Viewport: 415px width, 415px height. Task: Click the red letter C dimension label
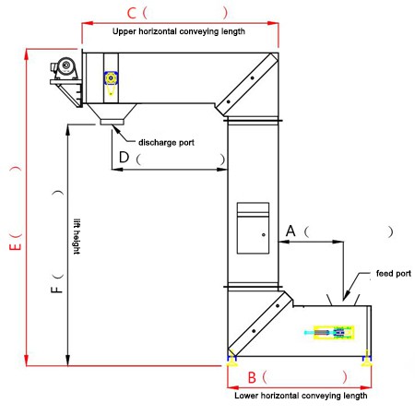click(x=132, y=13)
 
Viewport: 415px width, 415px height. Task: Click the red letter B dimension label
click(x=252, y=377)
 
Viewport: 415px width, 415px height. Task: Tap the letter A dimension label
click(x=290, y=231)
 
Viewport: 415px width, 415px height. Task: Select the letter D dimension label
click(x=124, y=157)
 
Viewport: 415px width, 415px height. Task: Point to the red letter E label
click(x=16, y=246)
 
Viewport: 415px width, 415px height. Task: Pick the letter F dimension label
click(x=56, y=290)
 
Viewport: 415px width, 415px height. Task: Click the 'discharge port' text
click(x=166, y=142)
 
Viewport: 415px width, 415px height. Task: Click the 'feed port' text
click(x=394, y=273)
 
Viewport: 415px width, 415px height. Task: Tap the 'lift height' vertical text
click(x=77, y=236)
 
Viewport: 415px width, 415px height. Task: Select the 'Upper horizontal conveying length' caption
click(x=179, y=31)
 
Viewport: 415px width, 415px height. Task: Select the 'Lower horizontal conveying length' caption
click(x=301, y=396)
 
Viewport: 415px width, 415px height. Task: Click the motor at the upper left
click(x=65, y=68)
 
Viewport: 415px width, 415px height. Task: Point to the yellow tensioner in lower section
click(x=334, y=332)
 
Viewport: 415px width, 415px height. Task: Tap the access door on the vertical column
click(x=253, y=228)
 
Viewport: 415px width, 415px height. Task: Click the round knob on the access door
click(x=264, y=235)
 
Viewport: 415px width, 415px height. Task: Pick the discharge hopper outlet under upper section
click(x=112, y=122)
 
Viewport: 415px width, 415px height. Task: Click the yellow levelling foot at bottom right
click(x=366, y=360)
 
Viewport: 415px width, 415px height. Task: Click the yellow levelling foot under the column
click(x=231, y=360)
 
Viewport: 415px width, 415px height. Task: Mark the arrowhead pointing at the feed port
click(x=346, y=297)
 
